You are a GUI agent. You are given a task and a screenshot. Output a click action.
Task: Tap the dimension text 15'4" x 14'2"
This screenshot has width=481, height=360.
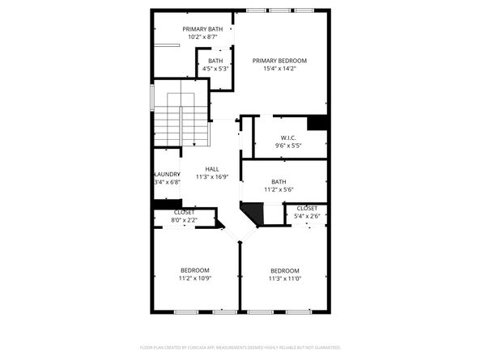(279, 69)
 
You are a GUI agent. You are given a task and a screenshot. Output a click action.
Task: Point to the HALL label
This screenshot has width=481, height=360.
(211, 169)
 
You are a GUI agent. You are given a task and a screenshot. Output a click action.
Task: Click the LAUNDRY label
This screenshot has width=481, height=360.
(167, 174)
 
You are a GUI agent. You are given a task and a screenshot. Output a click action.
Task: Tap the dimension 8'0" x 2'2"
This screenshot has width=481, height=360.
(184, 219)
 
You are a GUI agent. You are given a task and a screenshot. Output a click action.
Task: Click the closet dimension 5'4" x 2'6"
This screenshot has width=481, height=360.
(307, 215)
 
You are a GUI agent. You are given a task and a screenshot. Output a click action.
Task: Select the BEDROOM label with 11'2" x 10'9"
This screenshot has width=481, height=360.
(194, 270)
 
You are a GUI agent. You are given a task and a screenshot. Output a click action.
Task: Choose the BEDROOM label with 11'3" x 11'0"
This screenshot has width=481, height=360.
(285, 270)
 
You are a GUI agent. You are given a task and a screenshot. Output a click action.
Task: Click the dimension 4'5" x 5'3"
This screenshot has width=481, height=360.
(215, 69)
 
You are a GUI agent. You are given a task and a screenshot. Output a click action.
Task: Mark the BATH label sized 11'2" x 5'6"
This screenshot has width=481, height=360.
(279, 182)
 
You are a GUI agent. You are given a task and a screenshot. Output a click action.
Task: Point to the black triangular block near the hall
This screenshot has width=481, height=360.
(253, 214)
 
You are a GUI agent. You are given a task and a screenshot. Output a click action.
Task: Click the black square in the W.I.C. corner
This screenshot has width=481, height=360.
(317, 123)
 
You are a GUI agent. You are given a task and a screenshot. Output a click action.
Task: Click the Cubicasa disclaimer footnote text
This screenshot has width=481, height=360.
(240, 346)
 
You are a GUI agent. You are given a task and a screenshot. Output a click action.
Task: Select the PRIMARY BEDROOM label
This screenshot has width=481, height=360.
(279, 61)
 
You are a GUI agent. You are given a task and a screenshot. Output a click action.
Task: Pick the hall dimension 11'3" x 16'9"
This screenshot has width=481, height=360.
(211, 176)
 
